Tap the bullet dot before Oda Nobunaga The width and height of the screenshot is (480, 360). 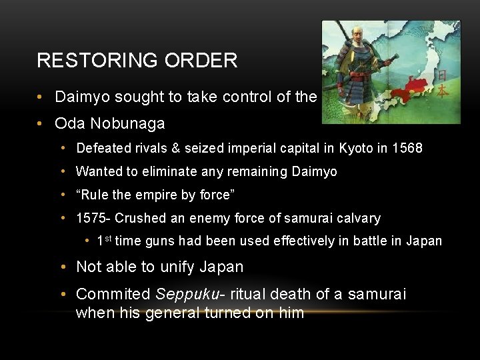(41, 123)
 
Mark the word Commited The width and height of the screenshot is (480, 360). (113, 294)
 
